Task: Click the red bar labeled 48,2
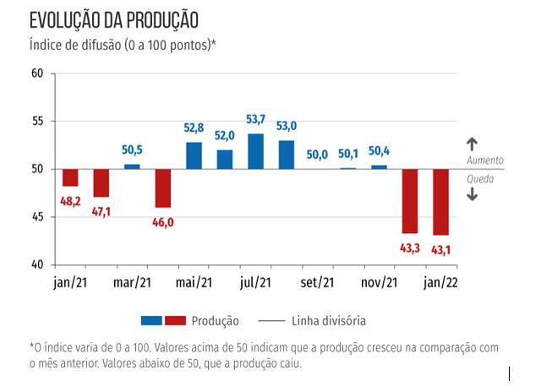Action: click(70, 177)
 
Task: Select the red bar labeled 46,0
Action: click(162, 188)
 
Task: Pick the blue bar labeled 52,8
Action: click(194, 155)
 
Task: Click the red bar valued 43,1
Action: click(440, 202)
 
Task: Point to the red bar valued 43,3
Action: click(410, 201)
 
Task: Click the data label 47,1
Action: click(101, 211)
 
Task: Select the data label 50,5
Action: click(132, 150)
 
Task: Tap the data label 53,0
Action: click(287, 127)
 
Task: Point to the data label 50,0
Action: click(317, 155)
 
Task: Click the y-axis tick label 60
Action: click(36, 73)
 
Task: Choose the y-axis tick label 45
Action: click(36, 217)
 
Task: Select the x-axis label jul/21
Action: click(255, 283)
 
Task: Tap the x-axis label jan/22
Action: click(440, 283)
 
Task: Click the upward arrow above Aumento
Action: click(472, 144)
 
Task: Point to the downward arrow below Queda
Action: click(472, 194)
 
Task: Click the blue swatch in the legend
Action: click(151, 321)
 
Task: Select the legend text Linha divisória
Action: click(329, 321)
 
